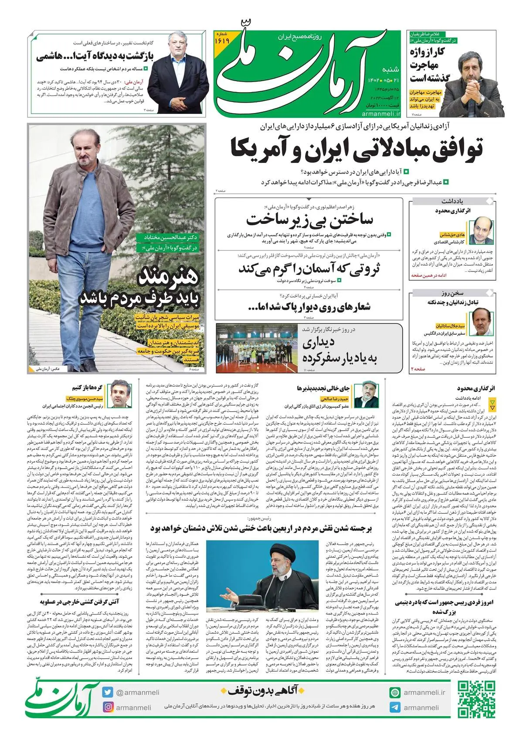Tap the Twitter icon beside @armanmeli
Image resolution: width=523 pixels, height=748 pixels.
click(x=108, y=692)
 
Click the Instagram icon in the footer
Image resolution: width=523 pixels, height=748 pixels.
click(x=108, y=707)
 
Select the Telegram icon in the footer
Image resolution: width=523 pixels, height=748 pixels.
click(x=395, y=707)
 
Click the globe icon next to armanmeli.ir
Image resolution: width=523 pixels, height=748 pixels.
click(x=395, y=693)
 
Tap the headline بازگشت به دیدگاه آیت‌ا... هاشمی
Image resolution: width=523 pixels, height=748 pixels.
click(x=95, y=56)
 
